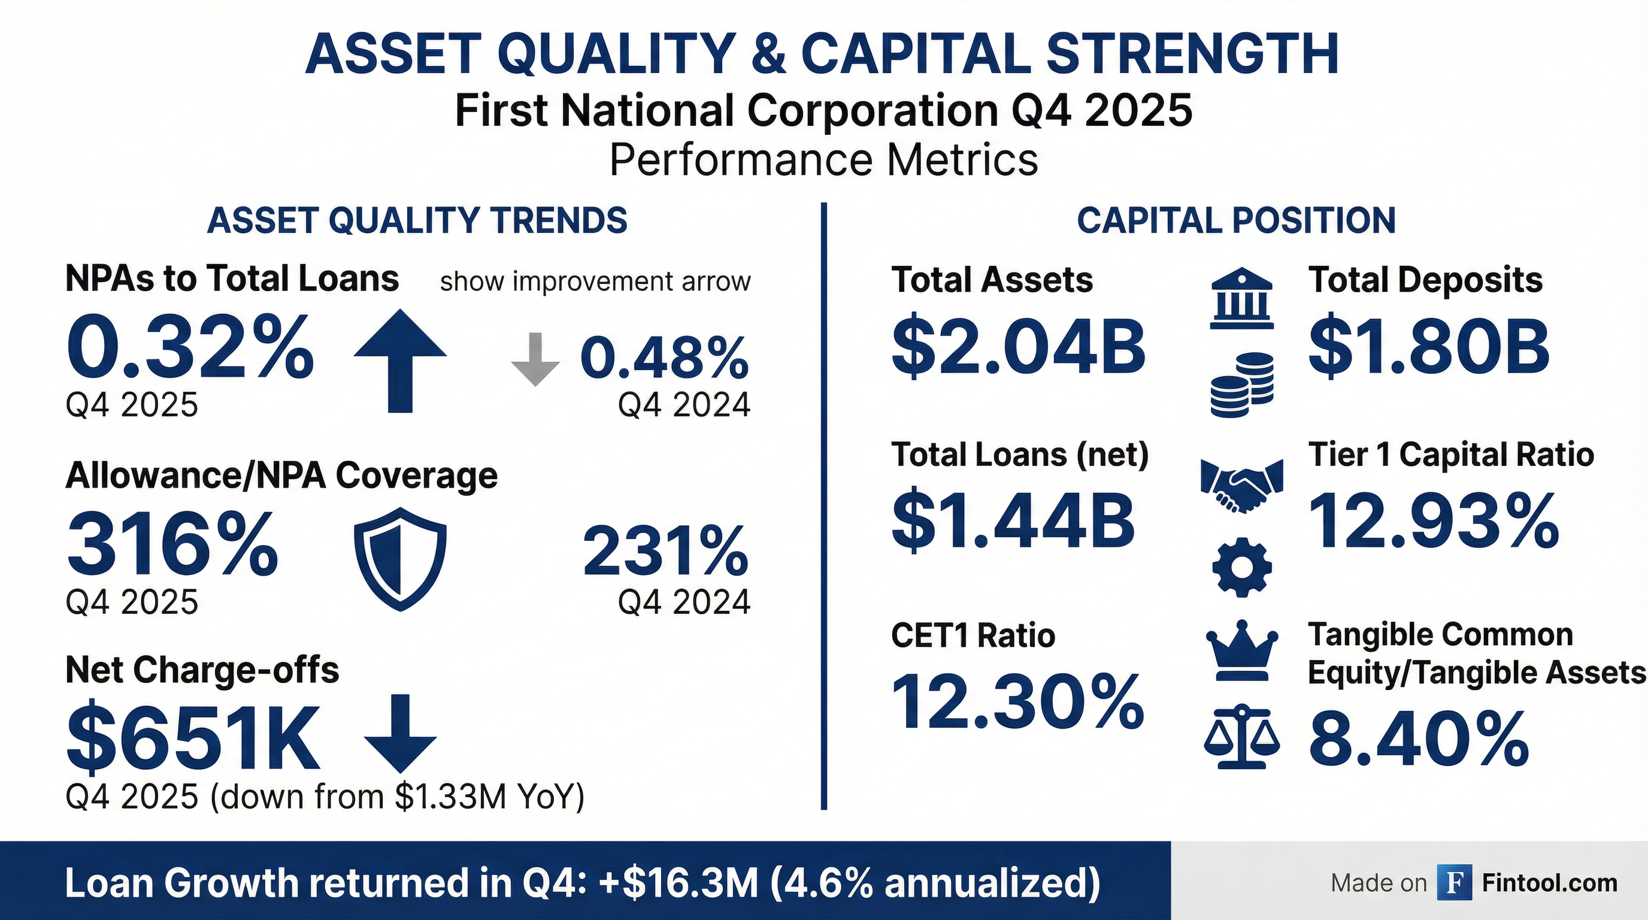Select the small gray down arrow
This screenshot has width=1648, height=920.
pos(535,359)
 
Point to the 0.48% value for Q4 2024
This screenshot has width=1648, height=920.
pos(664,358)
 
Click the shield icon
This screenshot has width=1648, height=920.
pos(400,558)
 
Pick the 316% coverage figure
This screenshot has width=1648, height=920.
pos(172,544)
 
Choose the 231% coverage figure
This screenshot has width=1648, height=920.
pos(665,550)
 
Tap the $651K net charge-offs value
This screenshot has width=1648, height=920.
pos(192,739)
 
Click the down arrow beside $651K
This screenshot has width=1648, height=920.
pos(400,733)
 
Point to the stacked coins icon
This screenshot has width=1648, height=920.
pos(1242,385)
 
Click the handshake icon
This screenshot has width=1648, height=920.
pos(1242,486)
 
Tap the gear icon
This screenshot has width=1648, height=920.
pos(1242,567)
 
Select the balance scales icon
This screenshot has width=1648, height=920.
pos(1242,737)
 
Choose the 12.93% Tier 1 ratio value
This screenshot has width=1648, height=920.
pos(1434,522)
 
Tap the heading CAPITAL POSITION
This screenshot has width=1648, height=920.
pos(1236,221)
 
